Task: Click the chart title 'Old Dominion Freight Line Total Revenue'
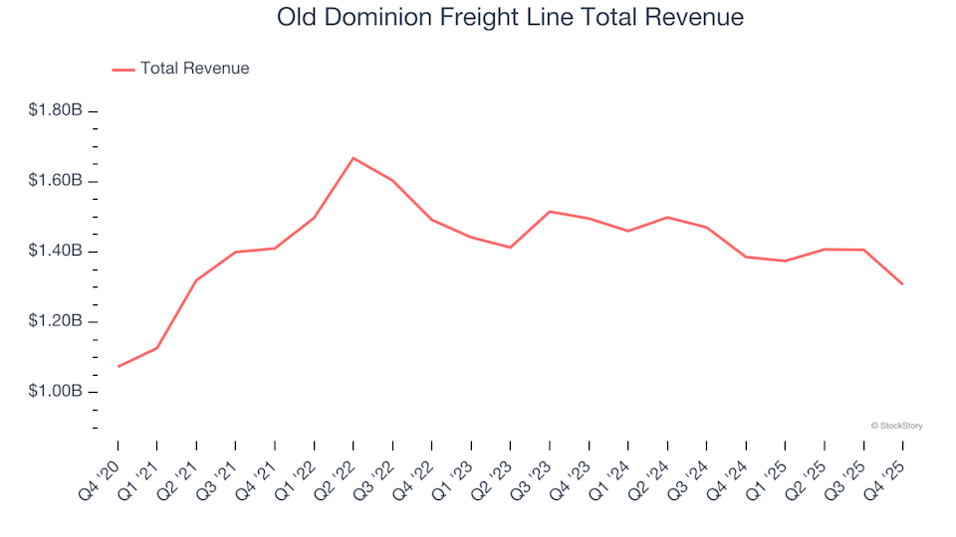[510, 18]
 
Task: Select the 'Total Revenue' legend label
[194, 69]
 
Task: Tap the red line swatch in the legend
[123, 70]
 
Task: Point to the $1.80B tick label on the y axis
[55, 110]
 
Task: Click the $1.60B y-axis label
[55, 181]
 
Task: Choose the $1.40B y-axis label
[55, 251]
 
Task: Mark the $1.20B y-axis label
[55, 321]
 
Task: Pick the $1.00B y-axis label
[55, 392]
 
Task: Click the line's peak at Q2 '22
[354, 158]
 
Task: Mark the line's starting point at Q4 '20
[119, 367]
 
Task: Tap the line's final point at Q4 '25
[902, 284]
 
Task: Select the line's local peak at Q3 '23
[550, 212]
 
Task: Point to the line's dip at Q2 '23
[510, 247]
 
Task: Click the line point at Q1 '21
[157, 347]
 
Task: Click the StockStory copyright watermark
[896, 426]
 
